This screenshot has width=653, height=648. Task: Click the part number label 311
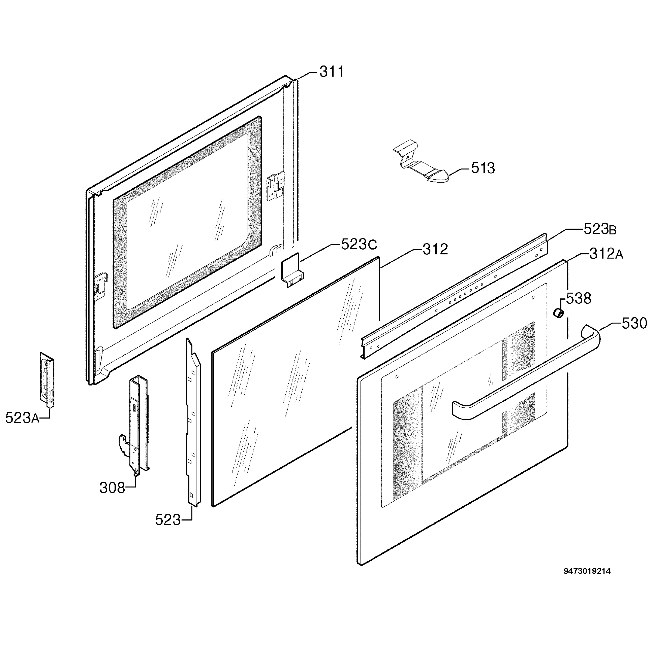pos(332,72)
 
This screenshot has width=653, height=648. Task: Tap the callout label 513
pos(483,168)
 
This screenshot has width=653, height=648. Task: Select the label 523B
pos(600,229)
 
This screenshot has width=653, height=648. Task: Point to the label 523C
pos(359,244)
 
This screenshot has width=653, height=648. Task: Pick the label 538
pos(579,298)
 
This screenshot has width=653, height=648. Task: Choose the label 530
pos(634,323)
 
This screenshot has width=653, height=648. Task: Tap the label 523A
pos(22,418)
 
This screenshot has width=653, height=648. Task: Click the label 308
pos(112,488)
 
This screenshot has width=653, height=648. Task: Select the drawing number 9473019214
pos(587,571)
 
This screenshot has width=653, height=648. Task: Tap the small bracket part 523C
pos(291,270)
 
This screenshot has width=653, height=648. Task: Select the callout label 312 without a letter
pos(435,249)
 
